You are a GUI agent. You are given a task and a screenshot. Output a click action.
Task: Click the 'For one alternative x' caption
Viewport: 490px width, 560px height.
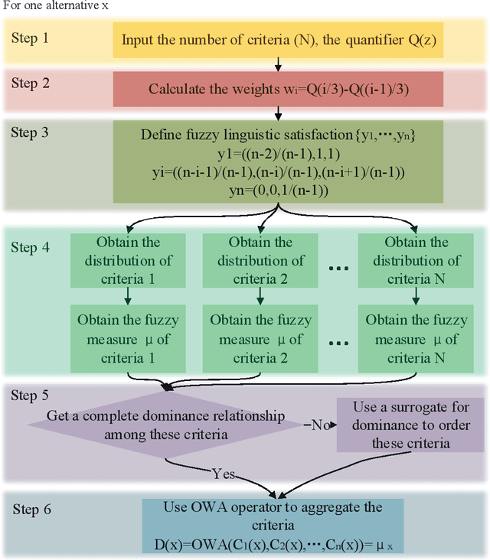54,7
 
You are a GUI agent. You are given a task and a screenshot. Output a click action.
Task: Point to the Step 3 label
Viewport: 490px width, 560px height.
29,132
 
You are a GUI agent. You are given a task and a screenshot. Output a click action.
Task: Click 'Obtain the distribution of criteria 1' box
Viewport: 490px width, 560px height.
129,260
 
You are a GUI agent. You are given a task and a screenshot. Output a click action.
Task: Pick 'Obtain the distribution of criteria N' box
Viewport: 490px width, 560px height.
417,260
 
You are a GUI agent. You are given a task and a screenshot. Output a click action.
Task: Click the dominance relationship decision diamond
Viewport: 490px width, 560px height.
167,425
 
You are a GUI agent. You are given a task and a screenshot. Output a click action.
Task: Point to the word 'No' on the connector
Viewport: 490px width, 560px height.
319,425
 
